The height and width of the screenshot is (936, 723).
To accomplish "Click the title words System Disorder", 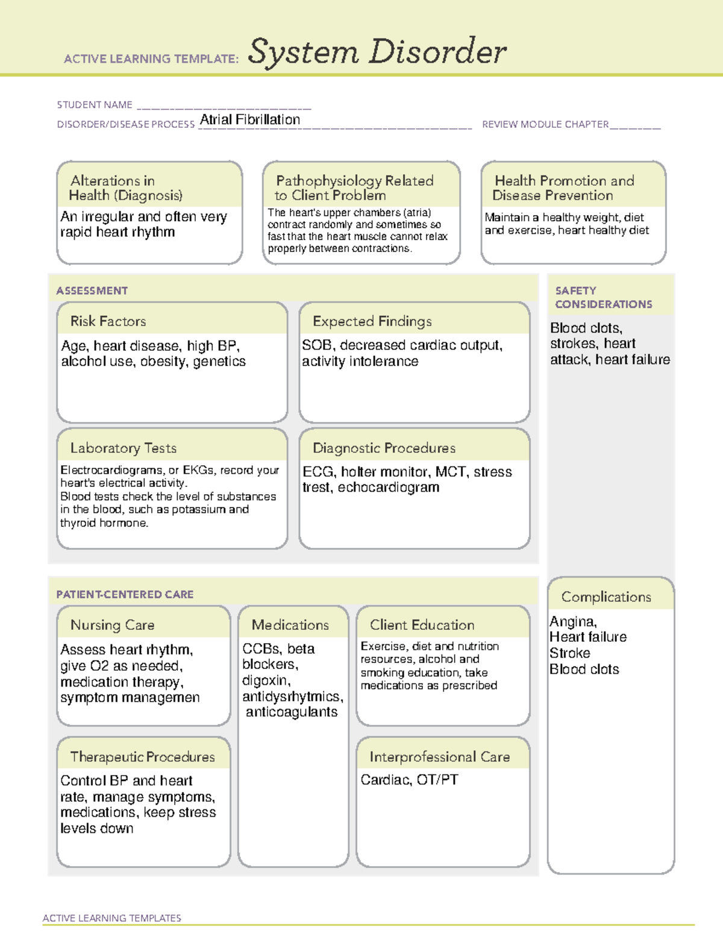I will [377, 52].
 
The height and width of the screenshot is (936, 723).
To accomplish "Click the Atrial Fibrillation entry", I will [250, 119].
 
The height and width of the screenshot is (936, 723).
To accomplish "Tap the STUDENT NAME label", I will [95, 105].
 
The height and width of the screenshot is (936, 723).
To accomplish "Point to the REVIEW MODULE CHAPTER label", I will [545, 124].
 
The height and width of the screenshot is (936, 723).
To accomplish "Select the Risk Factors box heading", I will [108, 321].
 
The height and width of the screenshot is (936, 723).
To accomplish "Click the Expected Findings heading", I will [372, 321].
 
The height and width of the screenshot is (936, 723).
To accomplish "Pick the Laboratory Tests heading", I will [124, 448].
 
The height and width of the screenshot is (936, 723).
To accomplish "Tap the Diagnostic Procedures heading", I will [384, 448].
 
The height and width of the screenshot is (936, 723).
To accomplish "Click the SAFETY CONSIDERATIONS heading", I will [603, 297].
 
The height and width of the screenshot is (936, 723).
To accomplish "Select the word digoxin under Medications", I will [266, 680].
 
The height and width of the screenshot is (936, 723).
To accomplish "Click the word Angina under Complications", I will [572, 621].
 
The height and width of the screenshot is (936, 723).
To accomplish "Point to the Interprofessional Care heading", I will [439, 756].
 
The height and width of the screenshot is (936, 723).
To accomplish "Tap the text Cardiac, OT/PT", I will [409, 780].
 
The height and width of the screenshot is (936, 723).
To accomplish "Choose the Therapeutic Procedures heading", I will [143, 756].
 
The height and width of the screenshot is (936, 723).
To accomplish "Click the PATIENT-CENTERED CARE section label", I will [125, 594].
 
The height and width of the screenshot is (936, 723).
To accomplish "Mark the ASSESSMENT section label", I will [92, 291].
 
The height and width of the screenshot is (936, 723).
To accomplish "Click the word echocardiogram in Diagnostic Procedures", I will [389, 487].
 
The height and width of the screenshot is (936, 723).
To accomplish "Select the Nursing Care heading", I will [113, 625].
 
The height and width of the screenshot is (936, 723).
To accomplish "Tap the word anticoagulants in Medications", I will [292, 712].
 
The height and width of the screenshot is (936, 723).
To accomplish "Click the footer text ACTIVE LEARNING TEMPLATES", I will [112, 918].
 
